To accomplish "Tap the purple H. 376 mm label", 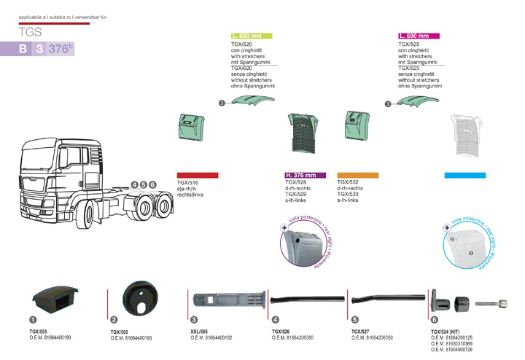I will [x=300, y=176].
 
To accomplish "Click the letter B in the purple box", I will [x=23, y=50].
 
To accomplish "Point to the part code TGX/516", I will [x=188, y=183].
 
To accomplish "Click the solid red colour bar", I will [x=198, y=176].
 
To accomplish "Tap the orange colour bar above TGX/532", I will [x=358, y=176].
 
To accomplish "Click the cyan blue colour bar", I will [x=464, y=176].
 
